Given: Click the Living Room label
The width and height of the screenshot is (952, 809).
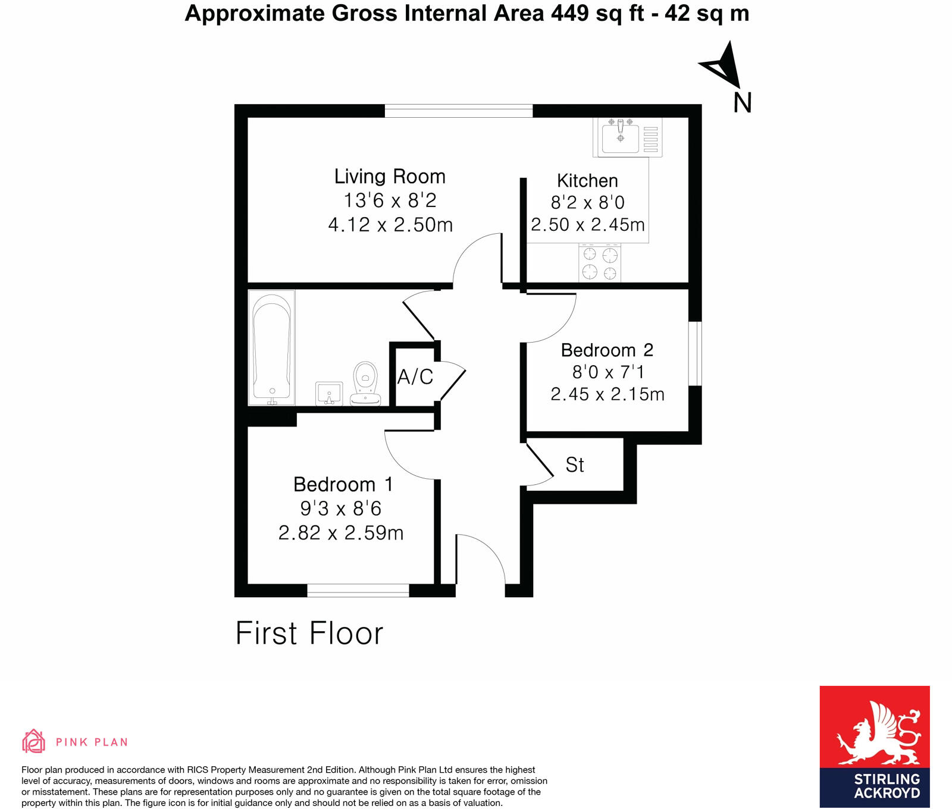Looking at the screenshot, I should coord(390,177).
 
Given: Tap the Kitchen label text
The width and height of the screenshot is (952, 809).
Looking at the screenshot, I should coord(587,181).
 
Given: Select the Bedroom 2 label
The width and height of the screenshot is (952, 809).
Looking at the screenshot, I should coord(607,350).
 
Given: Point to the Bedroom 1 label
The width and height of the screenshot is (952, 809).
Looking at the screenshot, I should coord(343,485).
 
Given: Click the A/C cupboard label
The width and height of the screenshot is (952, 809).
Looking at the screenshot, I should coord(415,377).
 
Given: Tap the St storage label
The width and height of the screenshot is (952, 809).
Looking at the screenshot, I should coord(575,465).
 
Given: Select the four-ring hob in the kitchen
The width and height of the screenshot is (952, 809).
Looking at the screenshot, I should coord(600,264).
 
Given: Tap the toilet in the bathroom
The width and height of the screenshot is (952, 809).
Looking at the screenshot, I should coord(365,384).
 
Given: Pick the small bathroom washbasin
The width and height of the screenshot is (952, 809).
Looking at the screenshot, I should coord(329,393).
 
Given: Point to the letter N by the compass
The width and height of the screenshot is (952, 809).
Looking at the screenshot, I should coord(742,103).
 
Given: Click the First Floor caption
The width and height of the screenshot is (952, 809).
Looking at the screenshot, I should coord(309,633).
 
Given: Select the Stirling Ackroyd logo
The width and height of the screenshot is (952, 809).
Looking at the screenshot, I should coord(874,747).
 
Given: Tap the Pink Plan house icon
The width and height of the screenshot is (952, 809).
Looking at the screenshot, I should coord(33,741).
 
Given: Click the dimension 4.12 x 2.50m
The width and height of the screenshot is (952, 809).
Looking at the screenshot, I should coord(390,225).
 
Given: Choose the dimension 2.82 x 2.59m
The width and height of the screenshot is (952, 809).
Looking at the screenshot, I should coord(341,533).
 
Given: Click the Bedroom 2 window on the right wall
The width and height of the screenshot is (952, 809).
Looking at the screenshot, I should coord(695,354).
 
